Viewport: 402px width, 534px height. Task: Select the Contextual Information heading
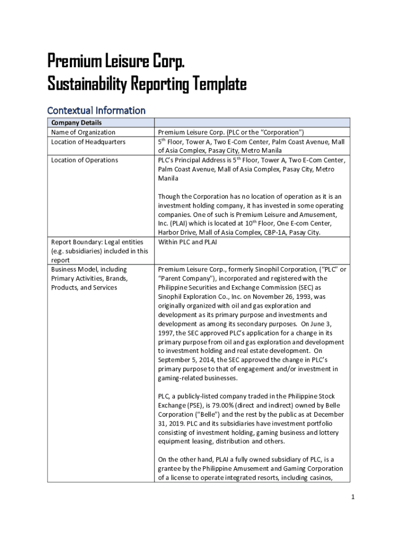pos(96,110)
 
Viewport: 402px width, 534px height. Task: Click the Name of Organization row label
pos(83,132)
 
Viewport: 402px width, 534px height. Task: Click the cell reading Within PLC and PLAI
pos(187,242)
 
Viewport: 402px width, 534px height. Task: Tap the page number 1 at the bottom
pos(353,497)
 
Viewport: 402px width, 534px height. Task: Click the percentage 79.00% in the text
pos(234,405)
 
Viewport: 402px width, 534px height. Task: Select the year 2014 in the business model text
pos(214,360)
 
